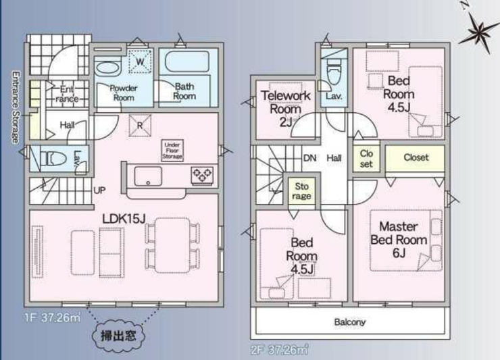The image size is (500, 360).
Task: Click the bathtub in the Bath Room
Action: [x=188, y=62]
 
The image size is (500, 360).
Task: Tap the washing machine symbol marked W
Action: [x=140, y=61]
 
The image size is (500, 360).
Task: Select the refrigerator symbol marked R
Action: [x=140, y=126]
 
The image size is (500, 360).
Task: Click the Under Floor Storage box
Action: [x=172, y=151]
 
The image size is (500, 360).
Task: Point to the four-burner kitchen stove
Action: [x=201, y=176]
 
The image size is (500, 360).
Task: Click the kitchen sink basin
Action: [x=148, y=176]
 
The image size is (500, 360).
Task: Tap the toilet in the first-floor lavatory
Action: [x=54, y=159]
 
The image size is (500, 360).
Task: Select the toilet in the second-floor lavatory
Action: [x=334, y=72]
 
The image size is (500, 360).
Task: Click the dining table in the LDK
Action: [x=172, y=245]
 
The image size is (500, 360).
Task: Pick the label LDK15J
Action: [x=124, y=219]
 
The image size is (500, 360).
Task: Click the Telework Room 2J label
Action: [x=286, y=109]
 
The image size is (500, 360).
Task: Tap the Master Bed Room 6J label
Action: [x=399, y=240]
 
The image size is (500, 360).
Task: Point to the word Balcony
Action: [x=350, y=322]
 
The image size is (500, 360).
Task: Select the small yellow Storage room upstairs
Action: [x=301, y=191]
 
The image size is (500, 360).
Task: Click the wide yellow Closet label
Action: [x=415, y=158]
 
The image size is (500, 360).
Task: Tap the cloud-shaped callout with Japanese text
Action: [x=118, y=336]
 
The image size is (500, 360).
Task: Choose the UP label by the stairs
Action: [x=99, y=190]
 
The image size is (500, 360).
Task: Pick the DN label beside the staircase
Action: [x=309, y=158]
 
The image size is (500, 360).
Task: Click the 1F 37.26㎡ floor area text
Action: [x=53, y=318]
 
